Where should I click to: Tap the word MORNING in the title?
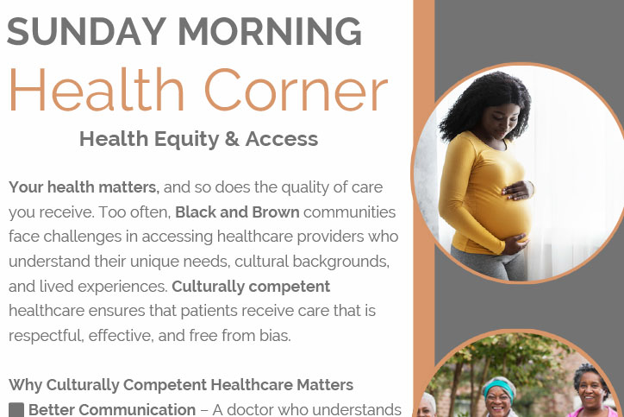point(270,31)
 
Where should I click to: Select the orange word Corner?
point(296,90)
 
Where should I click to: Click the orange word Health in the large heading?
point(97,89)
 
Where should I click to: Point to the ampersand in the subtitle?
point(232,139)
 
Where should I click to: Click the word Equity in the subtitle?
point(187,140)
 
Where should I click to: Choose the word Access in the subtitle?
point(282,139)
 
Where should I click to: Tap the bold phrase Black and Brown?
point(237,212)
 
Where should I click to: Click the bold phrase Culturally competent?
point(251,287)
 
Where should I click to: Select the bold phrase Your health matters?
point(84,187)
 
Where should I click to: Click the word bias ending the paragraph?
point(275,335)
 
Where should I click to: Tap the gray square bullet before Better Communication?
point(16,410)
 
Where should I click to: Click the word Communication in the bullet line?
point(137,409)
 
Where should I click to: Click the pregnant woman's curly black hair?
point(483,104)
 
